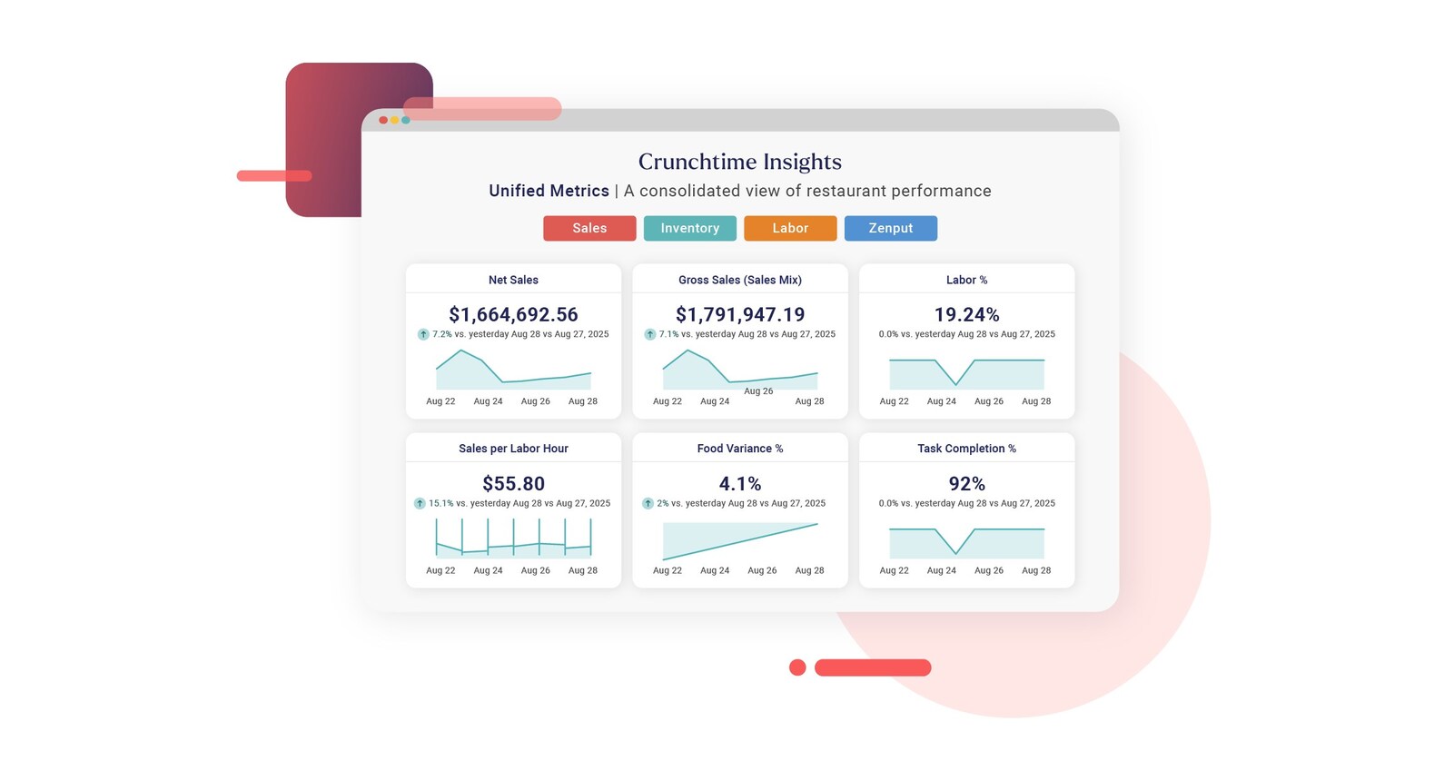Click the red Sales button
tap(589, 228)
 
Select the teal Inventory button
tap(690, 228)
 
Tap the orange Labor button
tap(790, 228)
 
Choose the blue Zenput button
tap(891, 228)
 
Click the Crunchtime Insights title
tap(740, 162)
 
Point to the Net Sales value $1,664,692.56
tap(513, 314)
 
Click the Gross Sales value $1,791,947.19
tap(740, 314)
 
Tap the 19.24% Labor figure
tap(966, 314)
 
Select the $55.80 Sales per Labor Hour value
tap(513, 484)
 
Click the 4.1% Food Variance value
tap(740, 484)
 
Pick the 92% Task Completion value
tap(966, 484)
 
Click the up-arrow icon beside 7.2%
tap(423, 334)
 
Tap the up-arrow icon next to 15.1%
tap(420, 503)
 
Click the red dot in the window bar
tap(383, 120)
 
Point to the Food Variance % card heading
tap(740, 449)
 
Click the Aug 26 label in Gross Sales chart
tap(758, 390)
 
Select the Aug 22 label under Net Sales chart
tap(440, 401)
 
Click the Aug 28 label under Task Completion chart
tap(1036, 570)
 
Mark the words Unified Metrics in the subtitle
tap(549, 191)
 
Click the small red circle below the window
tap(797, 667)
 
